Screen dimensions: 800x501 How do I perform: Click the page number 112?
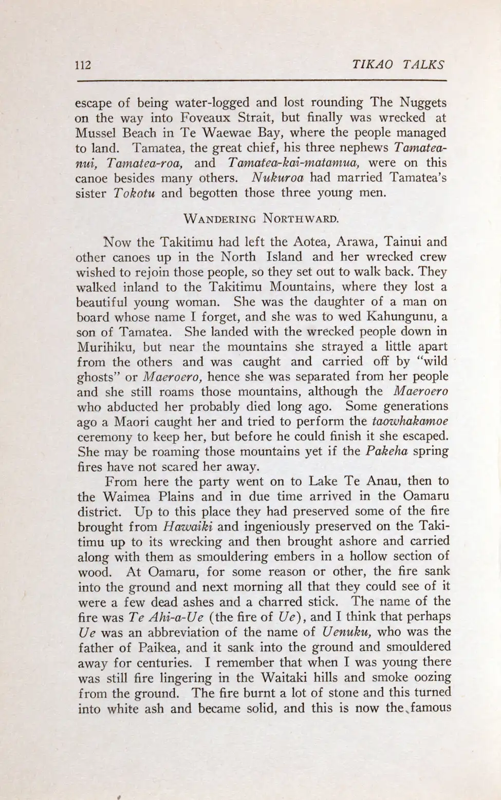coord(83,65)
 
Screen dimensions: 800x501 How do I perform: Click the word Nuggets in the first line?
coord(423,102)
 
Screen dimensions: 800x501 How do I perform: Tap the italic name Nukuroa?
coord(278,178)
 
